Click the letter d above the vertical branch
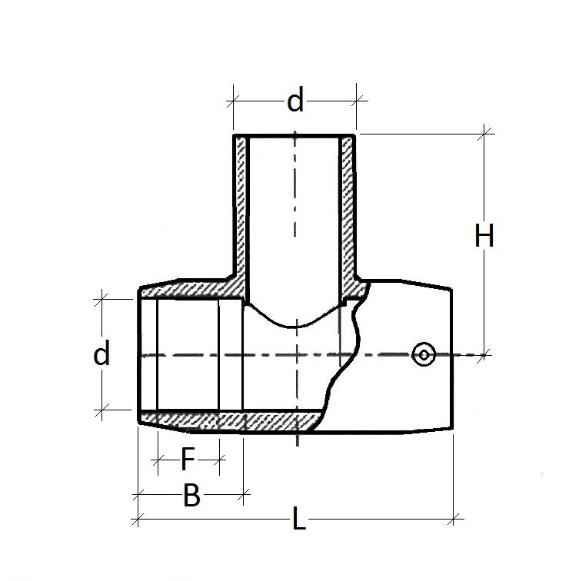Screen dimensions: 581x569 click(295, 101)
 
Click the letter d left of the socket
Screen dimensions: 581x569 click(101, 354)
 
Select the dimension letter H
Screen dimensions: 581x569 click(484, 237)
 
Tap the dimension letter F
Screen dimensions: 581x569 click(188, 460)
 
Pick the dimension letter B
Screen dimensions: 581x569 click(191, 496)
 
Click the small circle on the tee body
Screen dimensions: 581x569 click(424, 354)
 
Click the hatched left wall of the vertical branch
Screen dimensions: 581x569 click(239, 207)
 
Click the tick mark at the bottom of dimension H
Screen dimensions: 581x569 click(484, 354)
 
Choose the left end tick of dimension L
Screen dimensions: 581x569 click(137, 520)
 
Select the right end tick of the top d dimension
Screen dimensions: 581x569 click(358, 99)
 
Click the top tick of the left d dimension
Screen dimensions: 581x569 click(100, 300)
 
